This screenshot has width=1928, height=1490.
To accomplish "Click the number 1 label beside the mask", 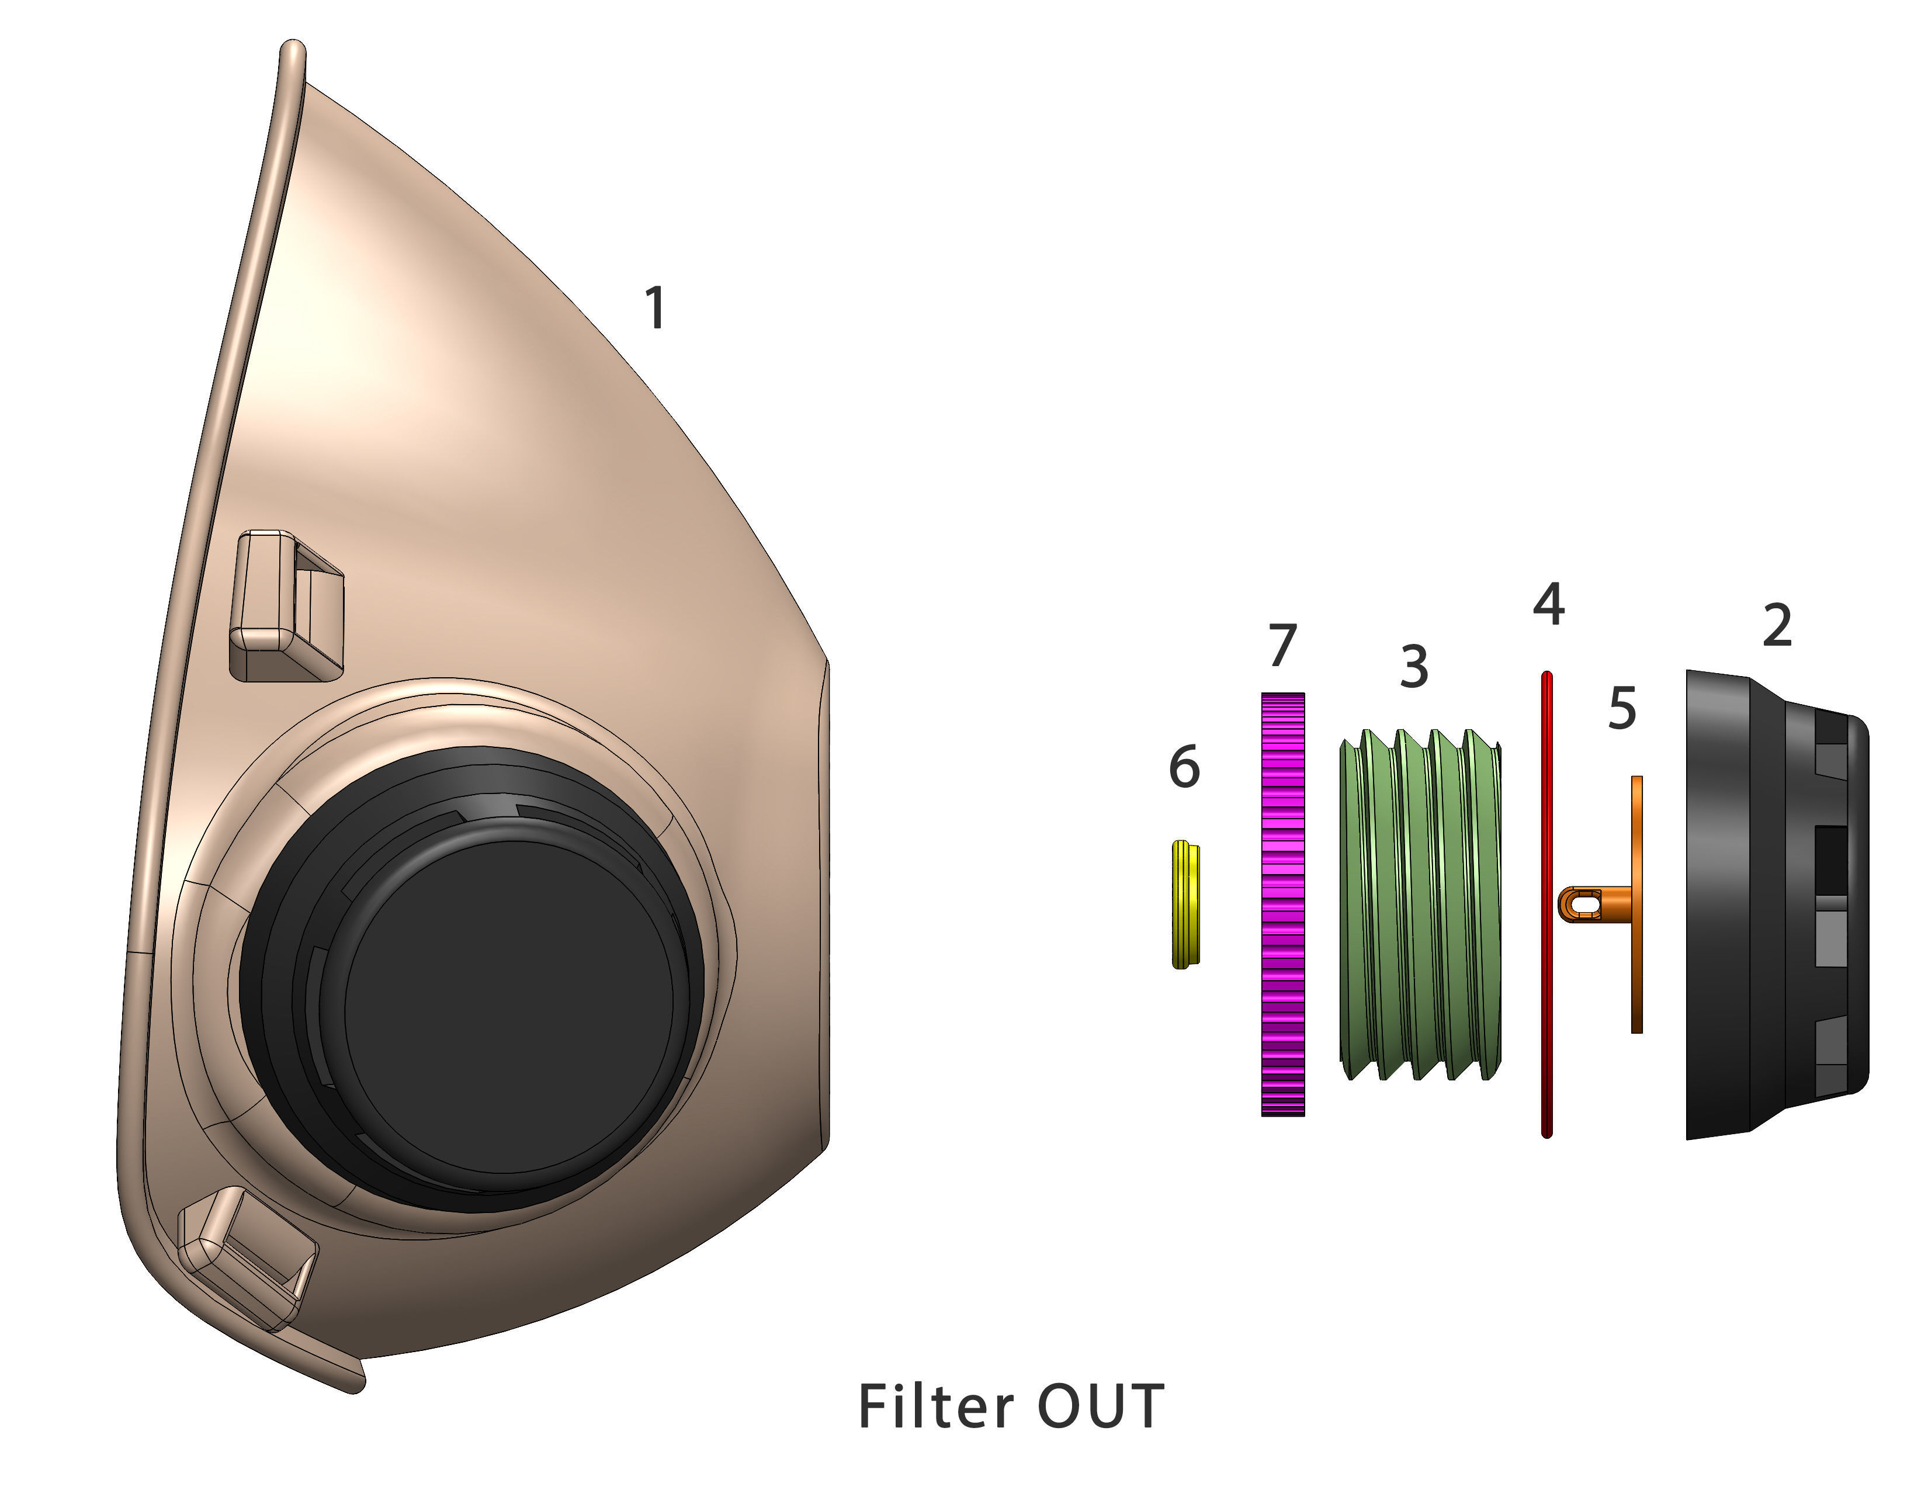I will point(654,309).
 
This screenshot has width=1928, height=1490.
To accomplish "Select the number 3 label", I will point(1413,667).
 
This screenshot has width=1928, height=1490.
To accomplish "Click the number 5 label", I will point(1622,708).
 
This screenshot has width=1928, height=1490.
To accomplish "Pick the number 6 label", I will point(1184,766).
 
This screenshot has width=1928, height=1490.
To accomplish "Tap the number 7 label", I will point(1282,644).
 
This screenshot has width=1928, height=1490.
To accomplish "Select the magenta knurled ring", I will point(1282,904).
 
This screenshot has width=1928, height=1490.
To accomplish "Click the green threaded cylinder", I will point(1420,904).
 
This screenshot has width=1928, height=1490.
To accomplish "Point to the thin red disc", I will point(1546,904).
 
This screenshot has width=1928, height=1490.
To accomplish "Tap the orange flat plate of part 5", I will point(1636,904).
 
